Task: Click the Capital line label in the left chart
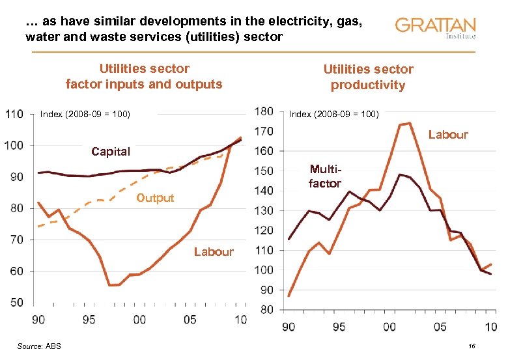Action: click(x=111, y=152)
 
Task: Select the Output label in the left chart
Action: click(x=155, y=198)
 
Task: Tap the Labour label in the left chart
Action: click(x=214, y=252)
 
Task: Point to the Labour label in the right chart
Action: click(x=448, y=135)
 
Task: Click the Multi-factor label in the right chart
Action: click(x=324, y=177)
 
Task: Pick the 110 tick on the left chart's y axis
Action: click(x=14, y=115)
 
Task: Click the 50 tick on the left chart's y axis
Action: click(x=16, y=303)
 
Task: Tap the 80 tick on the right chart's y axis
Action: click(x=265, y=310)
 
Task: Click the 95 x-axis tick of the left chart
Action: click(x=89, y=320)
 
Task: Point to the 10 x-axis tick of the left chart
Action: click(x=240, y=320)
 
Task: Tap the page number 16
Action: click(x=472, y=347)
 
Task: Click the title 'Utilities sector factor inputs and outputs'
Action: click(x=144, y=76)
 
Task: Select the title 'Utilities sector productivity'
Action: click(x=368, y=77)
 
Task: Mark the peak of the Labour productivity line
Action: click(x=408, y=122)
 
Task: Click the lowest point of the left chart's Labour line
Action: click(x=111, y=285)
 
